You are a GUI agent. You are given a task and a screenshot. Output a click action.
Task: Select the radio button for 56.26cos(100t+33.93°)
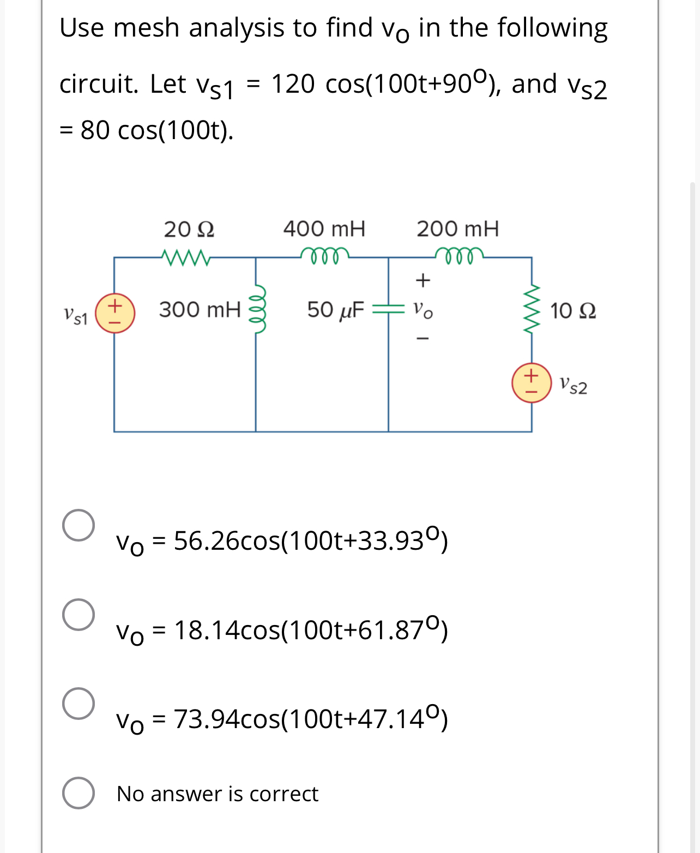(x=79, y=525)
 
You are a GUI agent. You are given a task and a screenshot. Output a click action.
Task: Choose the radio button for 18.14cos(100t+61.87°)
(x=79, y=615)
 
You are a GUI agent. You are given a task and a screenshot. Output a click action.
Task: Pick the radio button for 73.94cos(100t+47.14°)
(x=79, y=704)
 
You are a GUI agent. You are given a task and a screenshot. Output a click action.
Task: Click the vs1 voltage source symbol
(x=114, y=314)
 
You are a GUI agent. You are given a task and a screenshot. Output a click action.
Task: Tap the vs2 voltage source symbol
(x=532, y=383)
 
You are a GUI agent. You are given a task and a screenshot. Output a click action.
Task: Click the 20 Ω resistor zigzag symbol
(x=185, y=257)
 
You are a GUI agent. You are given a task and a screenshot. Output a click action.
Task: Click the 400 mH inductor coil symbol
(x=325, y=255)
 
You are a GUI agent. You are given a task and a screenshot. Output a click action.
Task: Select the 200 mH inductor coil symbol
(x=458, y=255)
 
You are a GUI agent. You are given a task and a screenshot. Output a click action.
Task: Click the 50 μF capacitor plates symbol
(x=388, y=309)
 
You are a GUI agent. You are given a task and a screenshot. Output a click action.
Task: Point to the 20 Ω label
(x=189, y=230)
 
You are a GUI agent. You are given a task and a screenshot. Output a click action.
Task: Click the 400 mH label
(x=324, y=229)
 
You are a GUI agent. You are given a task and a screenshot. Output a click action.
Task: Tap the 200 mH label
(x=457, y=229)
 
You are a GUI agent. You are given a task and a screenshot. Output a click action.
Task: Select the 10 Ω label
(x=572, y=311)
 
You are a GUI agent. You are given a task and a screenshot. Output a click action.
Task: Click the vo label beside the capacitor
(x=423, y=310)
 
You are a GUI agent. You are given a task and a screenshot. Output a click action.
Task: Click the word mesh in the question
(x=146, y=28)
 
